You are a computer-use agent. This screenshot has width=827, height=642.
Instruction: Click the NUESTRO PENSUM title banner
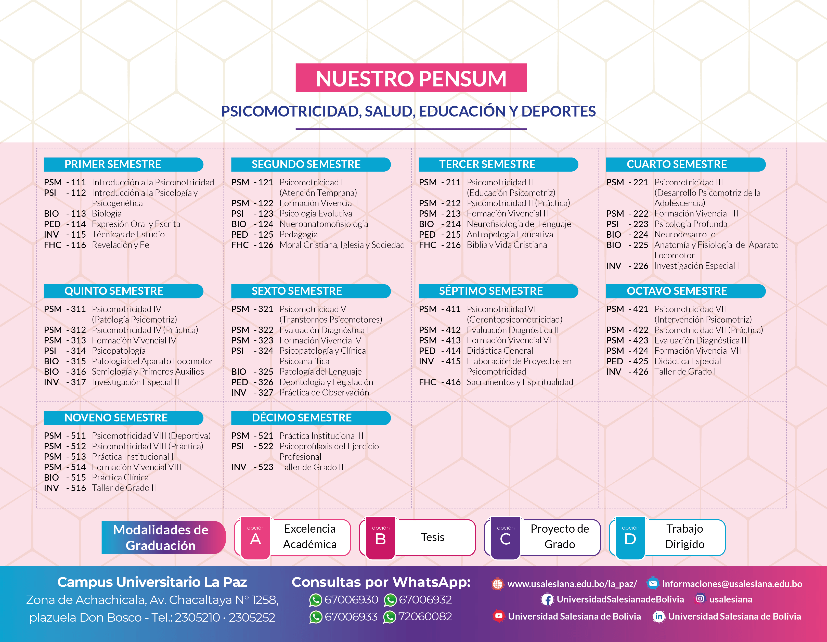click(x=411, y=78)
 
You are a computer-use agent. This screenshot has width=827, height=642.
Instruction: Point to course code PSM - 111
click(x=65, y=183)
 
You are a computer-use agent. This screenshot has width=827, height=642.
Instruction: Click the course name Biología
click(x=107, y=214)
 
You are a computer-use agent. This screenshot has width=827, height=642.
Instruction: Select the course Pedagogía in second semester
click(x=298, y=235)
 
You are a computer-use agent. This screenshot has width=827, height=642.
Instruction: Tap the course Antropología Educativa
click(x=510, y=235)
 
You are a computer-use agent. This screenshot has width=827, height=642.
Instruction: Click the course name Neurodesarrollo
click(x=685, y=235)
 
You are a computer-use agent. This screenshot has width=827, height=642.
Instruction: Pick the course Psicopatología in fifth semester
click(x=119, y=351)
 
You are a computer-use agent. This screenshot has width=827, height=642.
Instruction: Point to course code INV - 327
click(x=252, y=393)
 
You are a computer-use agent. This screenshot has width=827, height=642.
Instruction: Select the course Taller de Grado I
click(x=685, y=371)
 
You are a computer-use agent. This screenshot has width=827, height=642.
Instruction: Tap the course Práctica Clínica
click(x=120, y=478)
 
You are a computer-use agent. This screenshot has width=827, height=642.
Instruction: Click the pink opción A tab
click(x=256, y=538)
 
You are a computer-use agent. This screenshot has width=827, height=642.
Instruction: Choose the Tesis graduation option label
click(x=432, y=537)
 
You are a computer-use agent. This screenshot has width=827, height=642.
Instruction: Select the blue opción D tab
click(x=630, y=538)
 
